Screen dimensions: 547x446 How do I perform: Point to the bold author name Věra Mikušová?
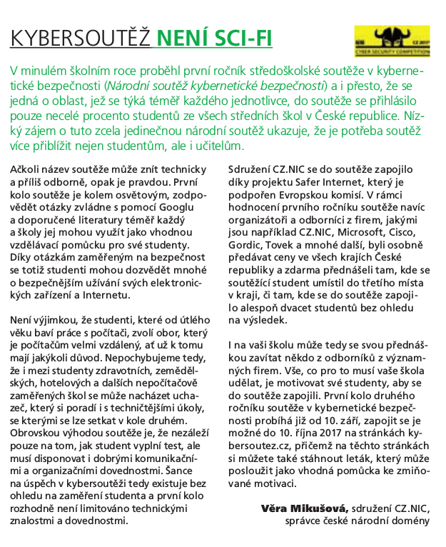(x=305, y=508)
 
